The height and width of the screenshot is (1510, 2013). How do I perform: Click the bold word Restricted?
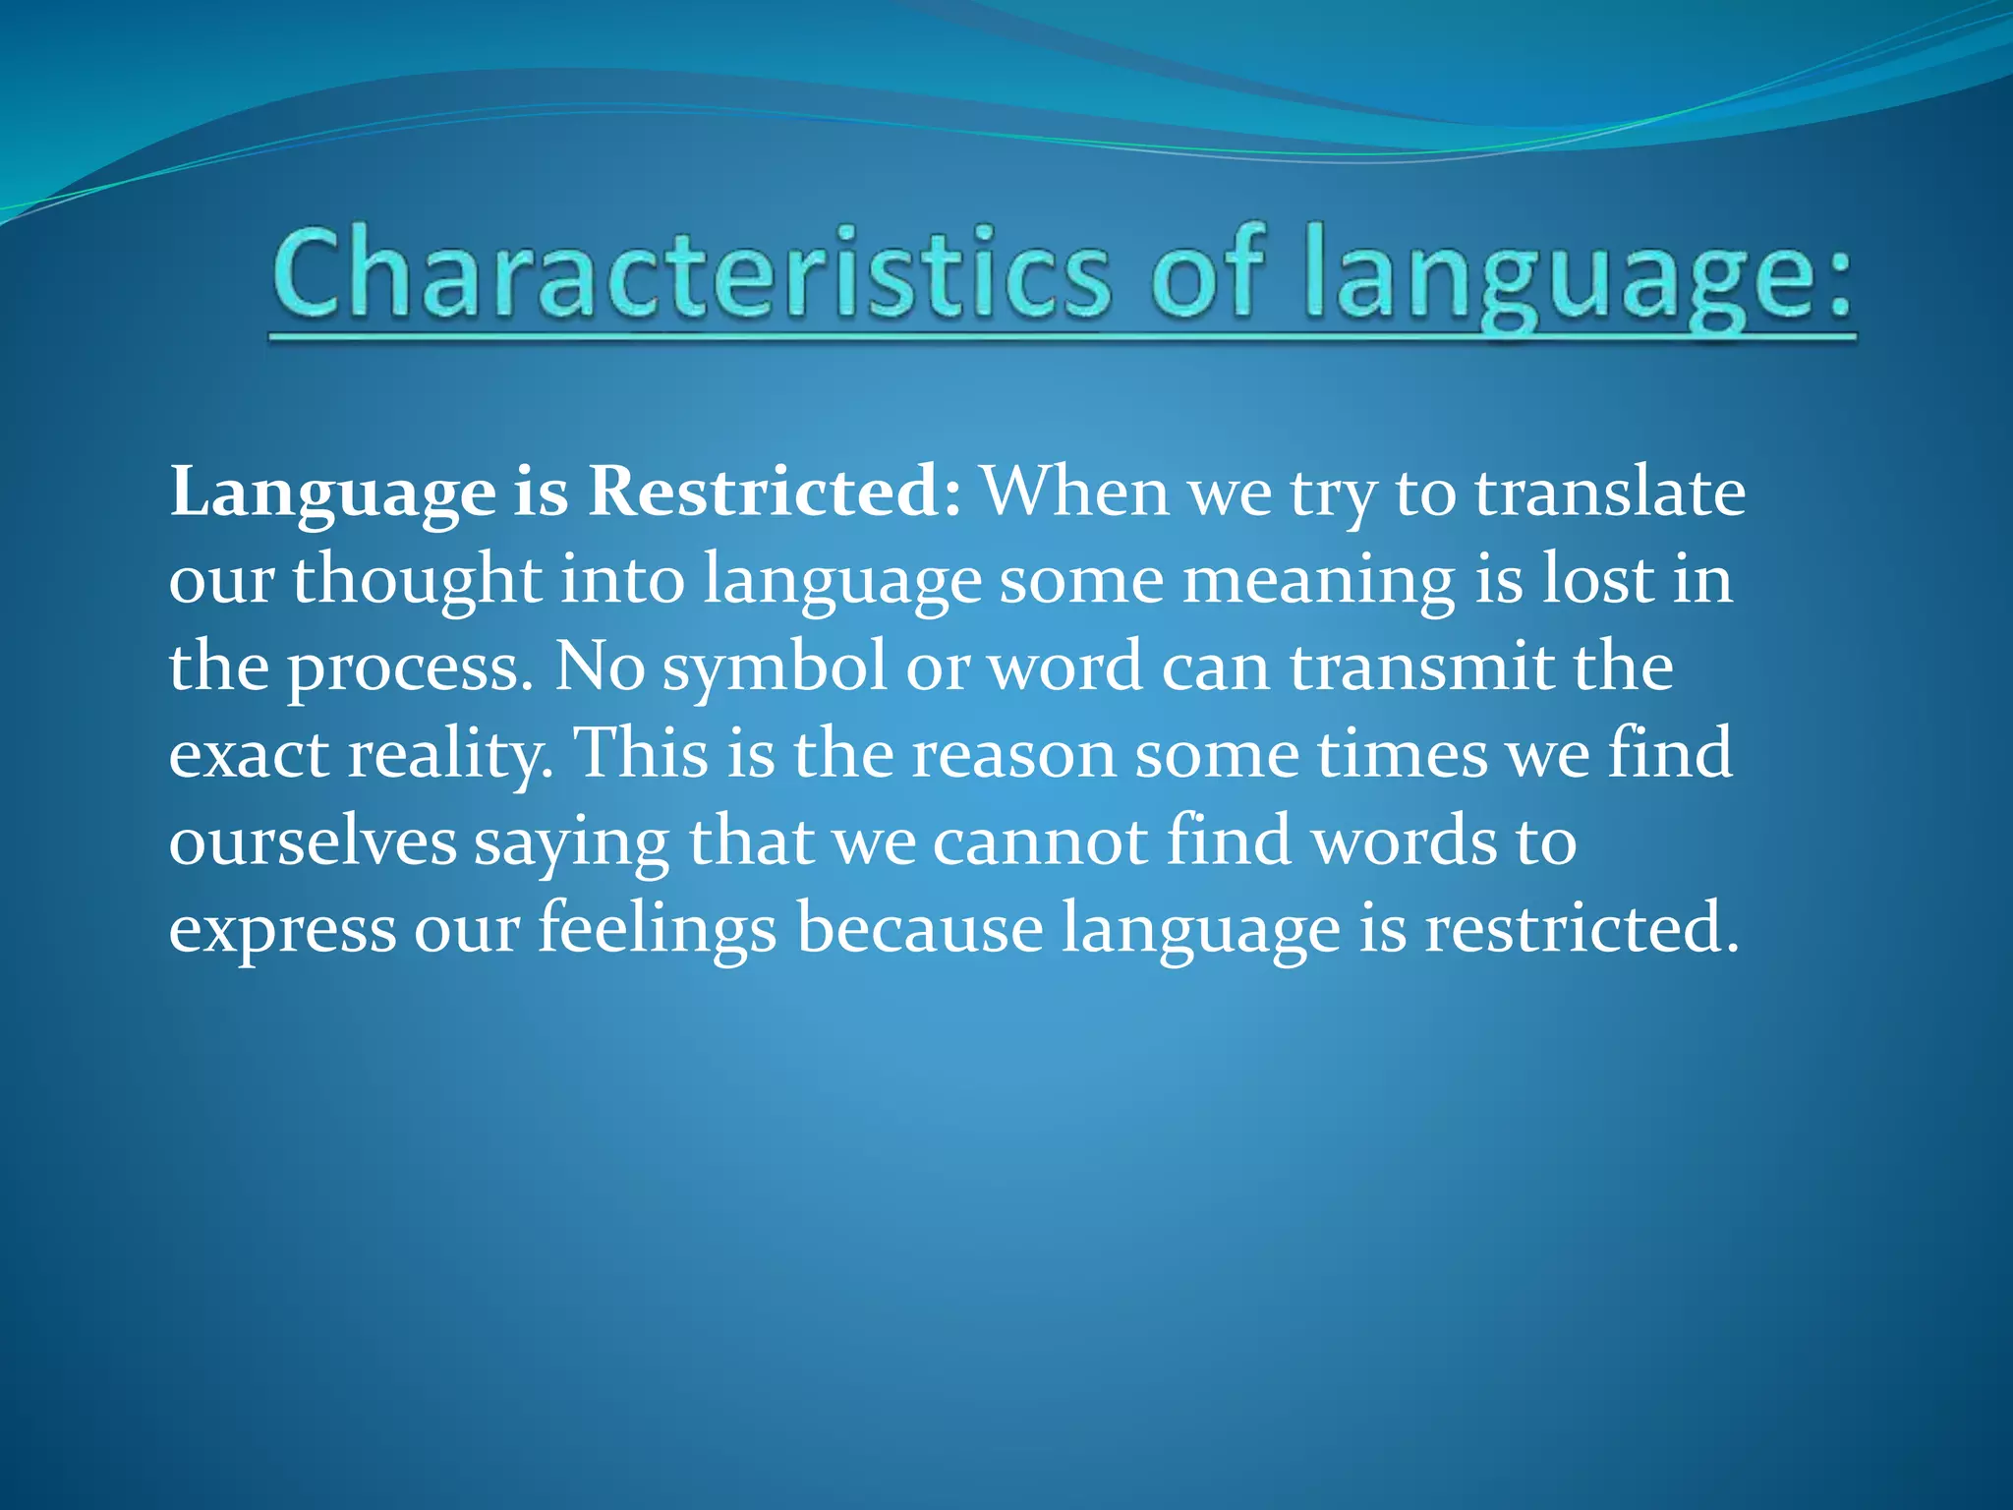click(x=764, y=492)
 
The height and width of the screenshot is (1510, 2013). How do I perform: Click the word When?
click(x=1075, y=492)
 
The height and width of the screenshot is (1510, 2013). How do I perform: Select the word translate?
click(x=1609, y=492)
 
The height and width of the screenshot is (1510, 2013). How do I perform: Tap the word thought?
click(x=417, y=580)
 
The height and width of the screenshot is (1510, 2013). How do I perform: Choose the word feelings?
click(x=657, y=930)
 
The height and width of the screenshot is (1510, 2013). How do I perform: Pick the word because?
click(x=919, y=929)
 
